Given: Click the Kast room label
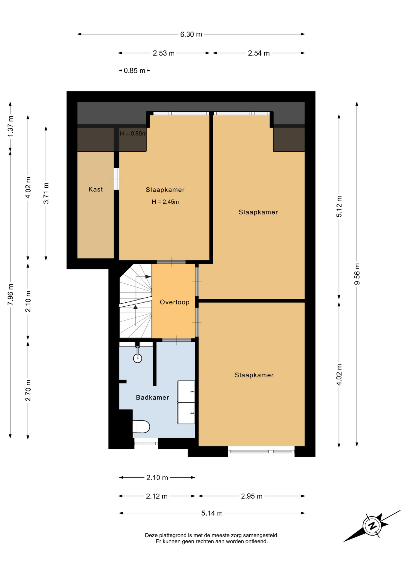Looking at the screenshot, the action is pos(96,189).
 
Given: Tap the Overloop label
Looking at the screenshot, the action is pos(175,302).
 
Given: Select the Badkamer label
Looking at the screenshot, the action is pos(152,397).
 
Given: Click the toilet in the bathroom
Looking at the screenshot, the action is pos(141,427).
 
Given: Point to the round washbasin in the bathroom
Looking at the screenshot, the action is pos(138,358).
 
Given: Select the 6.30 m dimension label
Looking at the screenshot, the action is pos(191,34).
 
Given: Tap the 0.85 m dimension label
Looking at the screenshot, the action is pos(135,71).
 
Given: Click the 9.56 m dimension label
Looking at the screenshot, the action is pos(357,274).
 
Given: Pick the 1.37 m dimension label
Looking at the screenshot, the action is pos(10,126).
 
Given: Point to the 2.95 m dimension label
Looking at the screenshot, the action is pos(252,496).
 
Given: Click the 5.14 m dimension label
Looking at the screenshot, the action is pos(212,513).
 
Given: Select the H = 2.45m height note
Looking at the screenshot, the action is pos(165,202).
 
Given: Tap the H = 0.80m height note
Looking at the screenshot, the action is pos(133,133).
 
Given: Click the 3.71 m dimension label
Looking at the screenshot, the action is pos(46,193).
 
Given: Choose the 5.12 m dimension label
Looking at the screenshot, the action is pos(339,207).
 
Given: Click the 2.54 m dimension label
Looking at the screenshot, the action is pos(259,53).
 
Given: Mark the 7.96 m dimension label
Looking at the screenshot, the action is pos(10,295).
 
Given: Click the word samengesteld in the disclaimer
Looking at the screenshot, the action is pos(261,535).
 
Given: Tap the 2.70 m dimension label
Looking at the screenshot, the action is pos(28,390).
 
